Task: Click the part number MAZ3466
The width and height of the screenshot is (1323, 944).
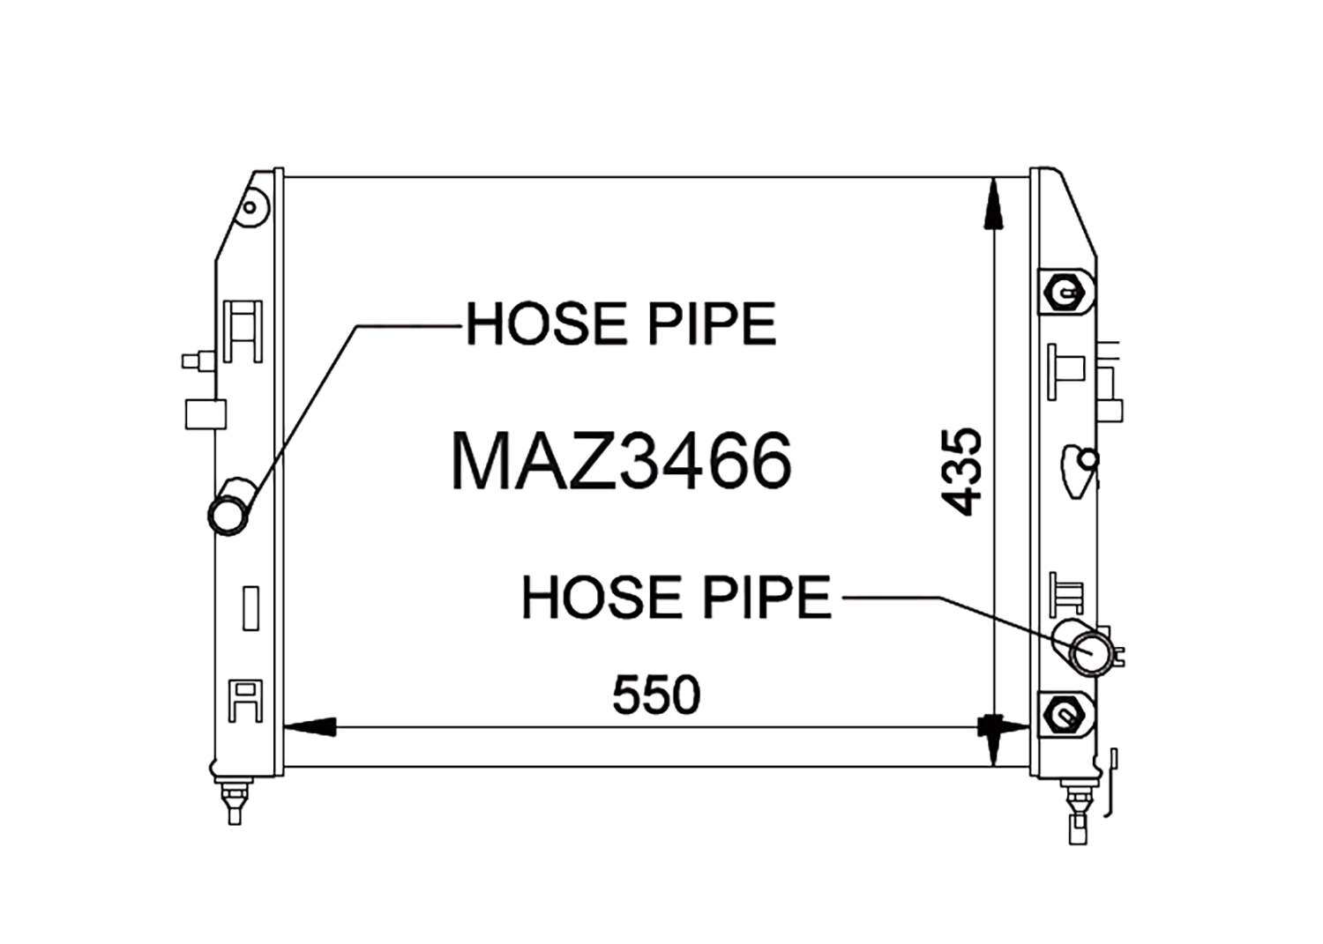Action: pyautogui.click(x=621, y=460)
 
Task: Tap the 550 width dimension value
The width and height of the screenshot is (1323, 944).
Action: pyautogui.click(x=656, y=695)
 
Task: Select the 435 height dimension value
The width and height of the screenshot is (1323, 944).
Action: pyautogui.click(x=961, y=472)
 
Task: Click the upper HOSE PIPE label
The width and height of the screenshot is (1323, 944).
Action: pyautogui.click(x=621, y=323)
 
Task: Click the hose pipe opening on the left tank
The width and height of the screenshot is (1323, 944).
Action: pyautogui.click(x=228, y=515)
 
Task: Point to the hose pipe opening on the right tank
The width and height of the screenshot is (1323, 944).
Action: pyautogui.click(x=1092, y=653)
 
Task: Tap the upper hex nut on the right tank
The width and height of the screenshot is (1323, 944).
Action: pyautogui.click(x=1065, y=293)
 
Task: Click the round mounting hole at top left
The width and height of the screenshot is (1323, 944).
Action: pyautogui.click(x=250, y=208)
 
